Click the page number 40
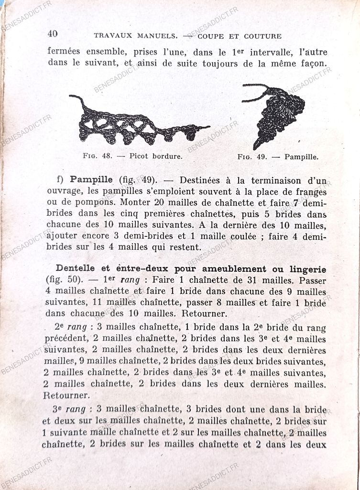[53, 33]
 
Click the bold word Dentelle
[77, 268]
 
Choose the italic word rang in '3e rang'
[76, 409]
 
